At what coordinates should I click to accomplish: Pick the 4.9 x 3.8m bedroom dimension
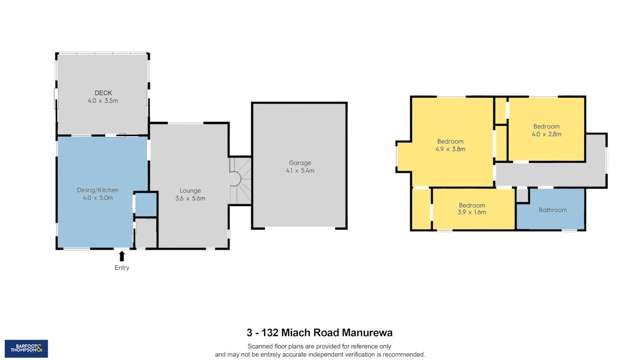click(x=451, y=149)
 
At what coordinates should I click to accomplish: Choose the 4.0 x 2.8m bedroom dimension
click(x=547, y=134)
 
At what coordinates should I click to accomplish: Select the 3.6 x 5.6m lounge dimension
click(x=190, y=198)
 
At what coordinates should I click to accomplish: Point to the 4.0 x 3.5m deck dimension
click(x=102, y=101)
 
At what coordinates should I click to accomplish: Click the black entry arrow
click(x=122, y=256)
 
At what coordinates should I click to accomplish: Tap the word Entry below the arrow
click(x=122, y=268)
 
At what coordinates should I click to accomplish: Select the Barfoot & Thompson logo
click(x=27, y=348)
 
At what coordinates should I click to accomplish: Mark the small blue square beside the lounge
click(x=145, y=205)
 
